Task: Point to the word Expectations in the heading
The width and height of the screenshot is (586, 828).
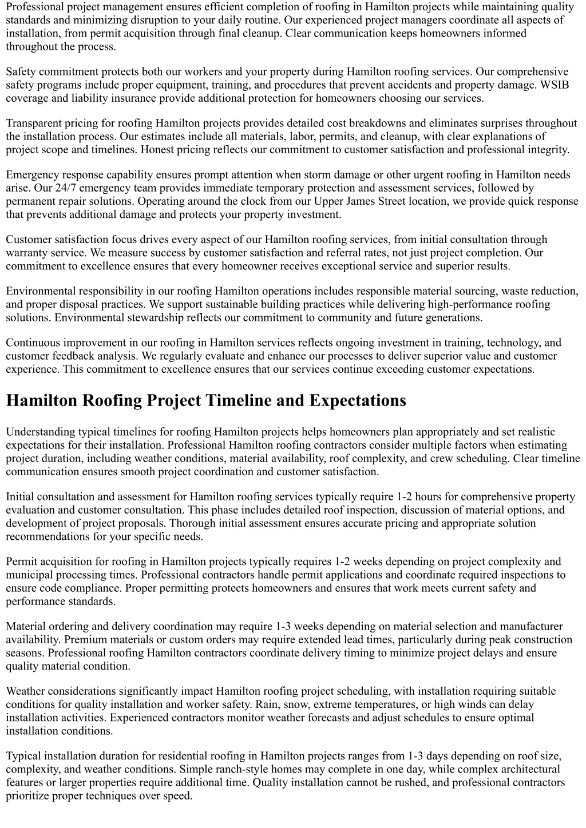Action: click(358, 400)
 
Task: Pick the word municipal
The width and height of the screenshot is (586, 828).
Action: click(29, 574)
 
